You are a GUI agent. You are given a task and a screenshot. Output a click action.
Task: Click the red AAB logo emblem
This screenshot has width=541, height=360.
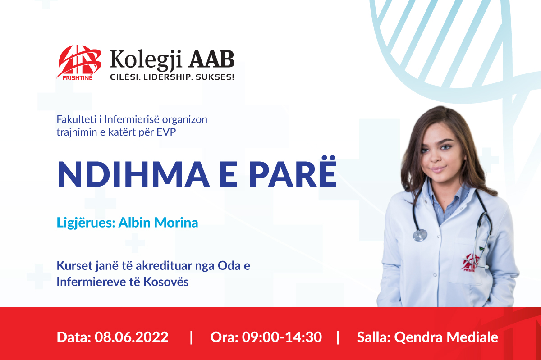(79, 62)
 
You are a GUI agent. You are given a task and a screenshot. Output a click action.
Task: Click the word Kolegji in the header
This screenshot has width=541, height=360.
(146, 59)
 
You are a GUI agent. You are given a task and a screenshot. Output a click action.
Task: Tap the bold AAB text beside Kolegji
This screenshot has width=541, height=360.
(211, 59)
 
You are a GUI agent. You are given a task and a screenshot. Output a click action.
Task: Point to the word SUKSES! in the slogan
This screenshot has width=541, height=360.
(215, 77)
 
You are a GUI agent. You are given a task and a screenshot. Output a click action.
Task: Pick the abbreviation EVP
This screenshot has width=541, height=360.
(166, 132)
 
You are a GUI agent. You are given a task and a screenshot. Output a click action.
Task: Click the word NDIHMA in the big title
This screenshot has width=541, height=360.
(133, 174)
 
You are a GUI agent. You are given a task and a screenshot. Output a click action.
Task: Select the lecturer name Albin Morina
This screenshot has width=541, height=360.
(158, 223)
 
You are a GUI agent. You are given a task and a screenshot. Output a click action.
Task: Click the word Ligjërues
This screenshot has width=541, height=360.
(86, 223)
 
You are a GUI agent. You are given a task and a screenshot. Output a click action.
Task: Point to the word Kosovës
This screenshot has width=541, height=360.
(166, 282)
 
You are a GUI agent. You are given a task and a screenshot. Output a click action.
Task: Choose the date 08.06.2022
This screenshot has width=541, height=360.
(131, 337)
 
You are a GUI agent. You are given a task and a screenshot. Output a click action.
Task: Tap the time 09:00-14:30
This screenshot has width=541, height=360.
(282, 337)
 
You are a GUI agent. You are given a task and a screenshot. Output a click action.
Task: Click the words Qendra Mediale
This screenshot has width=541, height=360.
(446, 337)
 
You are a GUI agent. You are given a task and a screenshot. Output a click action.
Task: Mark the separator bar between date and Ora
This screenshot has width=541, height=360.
(191, 337)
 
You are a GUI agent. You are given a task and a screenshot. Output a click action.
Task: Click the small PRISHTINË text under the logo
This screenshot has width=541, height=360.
(77, 78)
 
